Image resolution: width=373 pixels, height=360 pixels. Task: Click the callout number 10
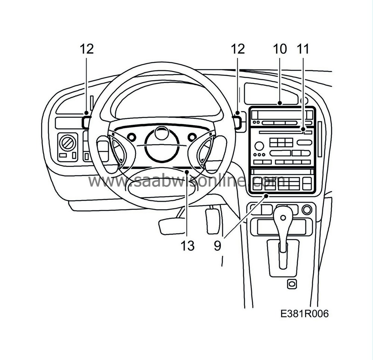click(280, 49)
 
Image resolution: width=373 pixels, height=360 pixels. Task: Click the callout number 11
click(303, 49)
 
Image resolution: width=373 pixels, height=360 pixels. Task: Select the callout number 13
click(188, 245)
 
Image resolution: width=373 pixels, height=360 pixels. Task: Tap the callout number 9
click(217, 245)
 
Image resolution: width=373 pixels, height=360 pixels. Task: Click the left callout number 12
click(87, 49)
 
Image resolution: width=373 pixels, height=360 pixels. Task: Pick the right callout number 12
click(238, 49)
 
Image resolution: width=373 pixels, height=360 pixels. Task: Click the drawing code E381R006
click(304, 314)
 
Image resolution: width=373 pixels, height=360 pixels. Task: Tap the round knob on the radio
click(259, 146)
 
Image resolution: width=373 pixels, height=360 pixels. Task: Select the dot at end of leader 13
click(187, 172)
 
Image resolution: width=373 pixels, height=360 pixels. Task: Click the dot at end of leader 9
click(267, 196)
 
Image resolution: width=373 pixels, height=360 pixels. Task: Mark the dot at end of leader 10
click(280, 103)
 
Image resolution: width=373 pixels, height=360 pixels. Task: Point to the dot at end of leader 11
click(303, 129)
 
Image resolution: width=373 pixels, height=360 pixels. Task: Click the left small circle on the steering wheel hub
click(131, 137)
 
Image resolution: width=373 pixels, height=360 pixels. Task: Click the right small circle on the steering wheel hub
click(192, 137)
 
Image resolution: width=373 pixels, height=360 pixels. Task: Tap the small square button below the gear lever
click(292, 284)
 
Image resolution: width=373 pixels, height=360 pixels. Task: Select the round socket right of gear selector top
click(307, 210)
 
